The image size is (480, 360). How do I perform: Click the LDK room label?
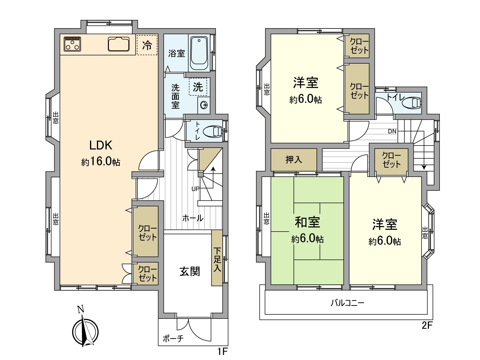pyautogui.click(x=101, y=145)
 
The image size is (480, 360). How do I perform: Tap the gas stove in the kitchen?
pyautogui.click(x=72, y=44)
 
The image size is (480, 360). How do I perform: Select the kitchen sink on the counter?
pyautogui.click(x=119, y=44)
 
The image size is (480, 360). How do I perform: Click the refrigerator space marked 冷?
pyautogui.click(x=147, y=45)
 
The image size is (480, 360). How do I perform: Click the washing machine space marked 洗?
pyautogui.click(x=198, y=87)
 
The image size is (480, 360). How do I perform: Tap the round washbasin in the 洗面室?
pyautogui.click(x=204, y=105)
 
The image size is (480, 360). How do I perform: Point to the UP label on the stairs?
pyautogui.click(x=196, y=189)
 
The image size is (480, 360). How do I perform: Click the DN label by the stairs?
pyautogui.click(x=392, y=131)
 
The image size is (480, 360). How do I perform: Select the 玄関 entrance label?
pyautogui.click(x=190, y=271)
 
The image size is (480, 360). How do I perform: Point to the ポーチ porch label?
pyautogui.click(x=173, y=338)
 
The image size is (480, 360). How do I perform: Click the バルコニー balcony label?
pyautogui.click(x=347, y=302)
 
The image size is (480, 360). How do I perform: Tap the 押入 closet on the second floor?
pyautogui.click(x=294, y=160)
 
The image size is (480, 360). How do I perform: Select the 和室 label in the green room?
pyautogui.click(x=307, y=222)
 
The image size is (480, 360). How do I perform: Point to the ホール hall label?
pyautogui.click(x=193, y=218)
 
